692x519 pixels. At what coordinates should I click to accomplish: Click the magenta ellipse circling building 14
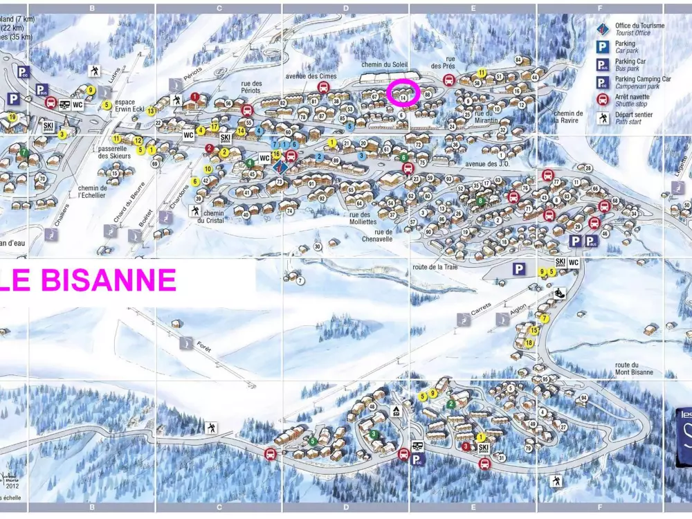(403, 93)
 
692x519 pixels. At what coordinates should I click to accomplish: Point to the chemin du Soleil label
(384, 64)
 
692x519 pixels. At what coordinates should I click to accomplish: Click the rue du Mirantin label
(487, 116)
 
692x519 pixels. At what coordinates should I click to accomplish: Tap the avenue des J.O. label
(486, 164)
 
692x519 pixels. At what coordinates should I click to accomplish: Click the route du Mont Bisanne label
(634, 369)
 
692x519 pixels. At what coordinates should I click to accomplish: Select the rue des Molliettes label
(358, 218)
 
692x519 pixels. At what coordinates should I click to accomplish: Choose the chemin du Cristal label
(210, 217)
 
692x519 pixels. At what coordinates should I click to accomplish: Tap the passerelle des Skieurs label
(114, 152)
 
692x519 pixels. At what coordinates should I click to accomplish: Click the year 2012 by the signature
(13, 486)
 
